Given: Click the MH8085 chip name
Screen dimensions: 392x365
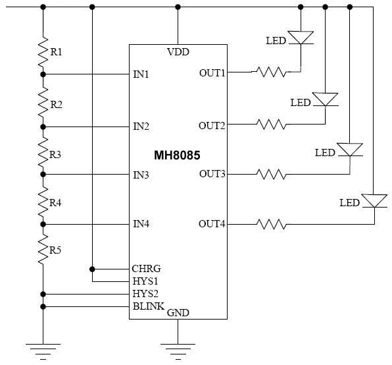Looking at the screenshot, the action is (177, 155).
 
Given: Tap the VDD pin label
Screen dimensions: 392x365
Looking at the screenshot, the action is (178, 52).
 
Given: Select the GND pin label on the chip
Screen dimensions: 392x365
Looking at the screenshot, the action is (178, 313).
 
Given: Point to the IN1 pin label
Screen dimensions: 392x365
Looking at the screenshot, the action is (141, 74).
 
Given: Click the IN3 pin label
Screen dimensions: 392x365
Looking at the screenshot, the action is (141, 175).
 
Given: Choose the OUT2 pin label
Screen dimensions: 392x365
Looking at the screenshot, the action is (212, 126).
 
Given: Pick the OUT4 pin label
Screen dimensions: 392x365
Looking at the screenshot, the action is (212, 224).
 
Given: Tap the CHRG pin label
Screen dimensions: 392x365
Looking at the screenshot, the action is (146, 269).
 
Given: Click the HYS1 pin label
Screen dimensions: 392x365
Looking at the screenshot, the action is (145, 281).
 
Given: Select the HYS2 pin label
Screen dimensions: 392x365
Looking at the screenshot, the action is (145, 294).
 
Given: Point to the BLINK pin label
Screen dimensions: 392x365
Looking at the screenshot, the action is (149, 306).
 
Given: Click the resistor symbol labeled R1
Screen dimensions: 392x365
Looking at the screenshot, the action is (43, 52).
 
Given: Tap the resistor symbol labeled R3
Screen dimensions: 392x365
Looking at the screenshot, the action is (43, 152).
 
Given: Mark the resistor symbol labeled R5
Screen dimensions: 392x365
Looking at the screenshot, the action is (43, 249).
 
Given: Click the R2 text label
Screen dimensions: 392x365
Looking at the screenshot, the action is (57, 105).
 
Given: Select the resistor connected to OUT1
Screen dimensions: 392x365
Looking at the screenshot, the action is (272, 72).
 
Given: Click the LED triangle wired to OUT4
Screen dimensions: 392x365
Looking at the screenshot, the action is (374, 201).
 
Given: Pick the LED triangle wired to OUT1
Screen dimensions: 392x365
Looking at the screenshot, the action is (301, 38).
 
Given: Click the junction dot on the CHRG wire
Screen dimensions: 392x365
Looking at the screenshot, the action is (92, 269).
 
